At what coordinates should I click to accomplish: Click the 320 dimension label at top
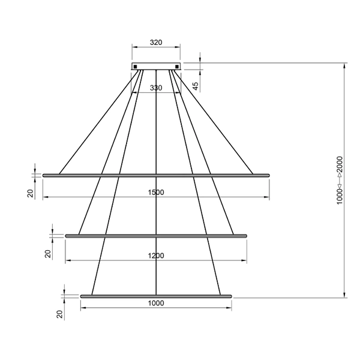(156, 43)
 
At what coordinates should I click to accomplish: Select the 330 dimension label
(156, 88)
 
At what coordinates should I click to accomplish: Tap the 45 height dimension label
(196, 86)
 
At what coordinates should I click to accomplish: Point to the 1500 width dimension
(156, 193)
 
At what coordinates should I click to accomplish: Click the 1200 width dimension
(156, 256)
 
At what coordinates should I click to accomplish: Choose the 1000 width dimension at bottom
(156, 304)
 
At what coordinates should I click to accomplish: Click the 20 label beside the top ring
(29, 193)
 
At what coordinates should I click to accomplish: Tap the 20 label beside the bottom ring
(59, 314)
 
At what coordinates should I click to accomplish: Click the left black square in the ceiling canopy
(136, 66)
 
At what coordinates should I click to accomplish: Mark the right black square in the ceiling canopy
(176, 66)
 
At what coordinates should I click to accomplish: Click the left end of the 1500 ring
(44, 175)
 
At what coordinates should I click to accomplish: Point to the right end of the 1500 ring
(268, 175)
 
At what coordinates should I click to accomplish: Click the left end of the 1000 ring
(82, 296)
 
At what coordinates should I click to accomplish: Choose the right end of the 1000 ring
(230, 296)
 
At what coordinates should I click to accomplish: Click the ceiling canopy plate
(156, 66)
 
